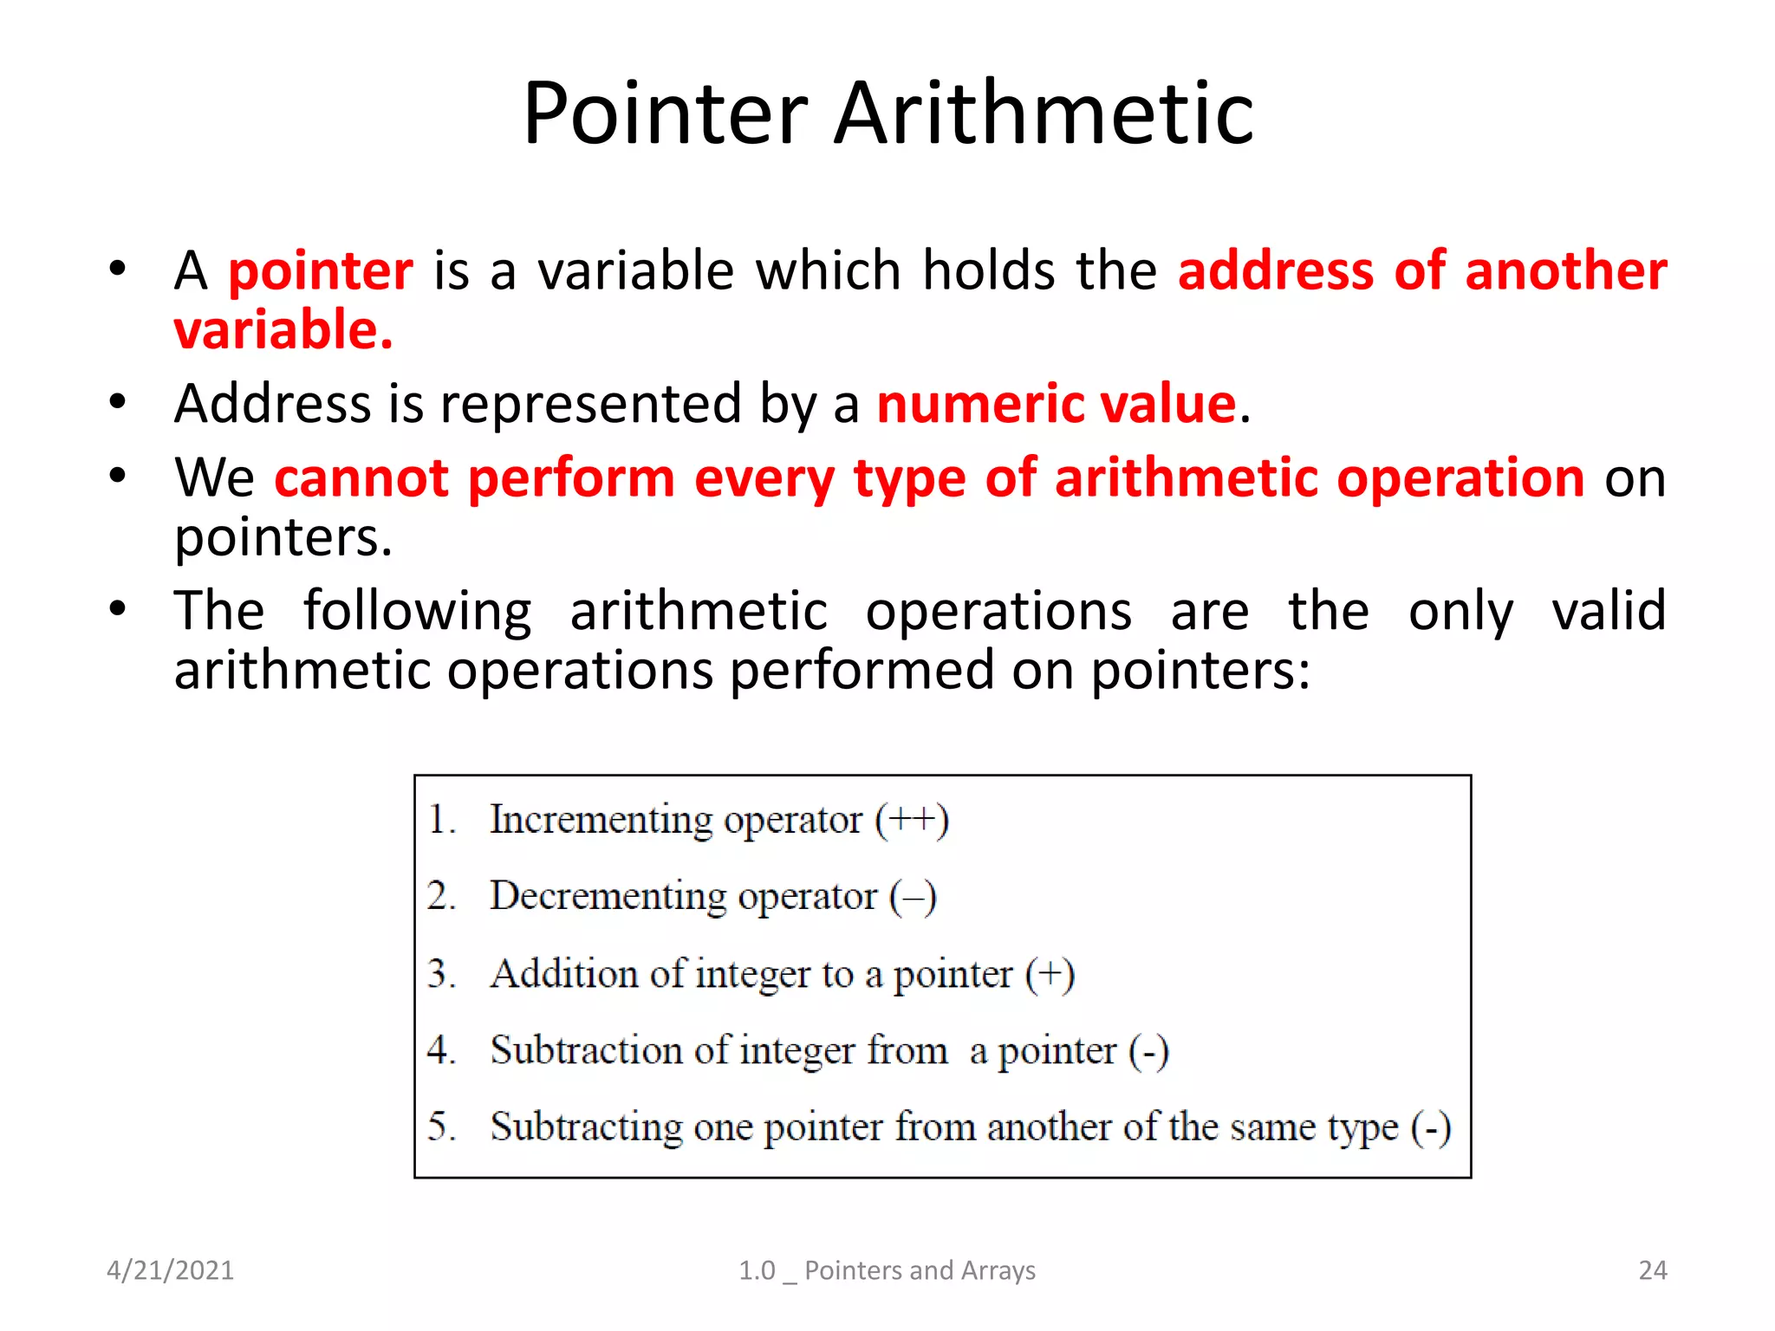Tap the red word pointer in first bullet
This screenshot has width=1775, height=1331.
coord(321,270)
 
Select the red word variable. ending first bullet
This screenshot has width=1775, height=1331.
coord(283,330)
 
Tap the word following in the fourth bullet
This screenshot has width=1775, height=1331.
coord(417,612)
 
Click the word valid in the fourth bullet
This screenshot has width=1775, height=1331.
coord(1609,610)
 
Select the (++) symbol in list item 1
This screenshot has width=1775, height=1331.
coord(912,820)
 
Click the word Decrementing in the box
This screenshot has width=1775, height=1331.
coord(608,896)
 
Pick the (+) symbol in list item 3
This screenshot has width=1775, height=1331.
coord(1050,974)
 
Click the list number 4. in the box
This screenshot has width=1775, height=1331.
coord(441,1049)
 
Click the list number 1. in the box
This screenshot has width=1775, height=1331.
coord(441,820)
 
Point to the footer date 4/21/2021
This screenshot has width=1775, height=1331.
coord(170,1270)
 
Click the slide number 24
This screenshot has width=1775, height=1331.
coord(1652,1270)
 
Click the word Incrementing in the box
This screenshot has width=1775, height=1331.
coord(601,820)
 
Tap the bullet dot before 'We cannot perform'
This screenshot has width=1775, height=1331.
coord(118,476)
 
